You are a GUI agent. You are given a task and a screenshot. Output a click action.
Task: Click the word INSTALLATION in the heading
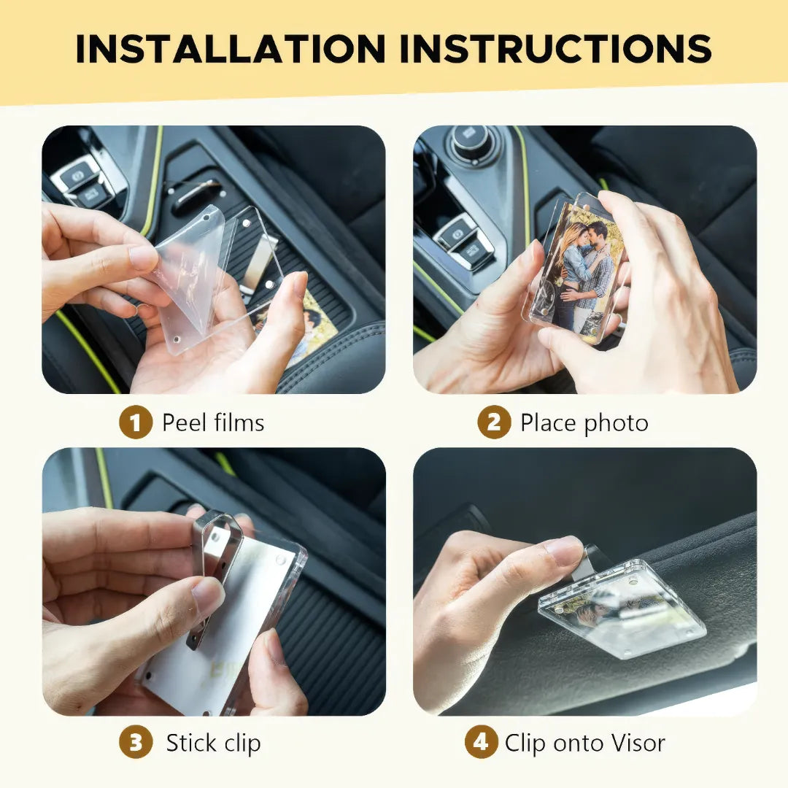[x=230, y=49]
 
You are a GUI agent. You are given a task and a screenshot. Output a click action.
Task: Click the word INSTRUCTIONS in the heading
[x=555, y=49]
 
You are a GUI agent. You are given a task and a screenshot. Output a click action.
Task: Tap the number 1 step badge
[x=136, y=422]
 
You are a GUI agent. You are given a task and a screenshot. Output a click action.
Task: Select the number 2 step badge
[x=494, y=422]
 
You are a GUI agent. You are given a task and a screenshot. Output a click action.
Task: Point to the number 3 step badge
[x=136, y=742]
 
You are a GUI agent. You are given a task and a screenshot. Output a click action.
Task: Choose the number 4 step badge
[x=481, y=742]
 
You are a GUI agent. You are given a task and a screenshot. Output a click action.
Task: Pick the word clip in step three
[x=242, y=743]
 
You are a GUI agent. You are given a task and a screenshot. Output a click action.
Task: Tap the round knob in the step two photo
[x=471, y=139]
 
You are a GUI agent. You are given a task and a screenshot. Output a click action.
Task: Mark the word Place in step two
[x=548, y=422]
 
